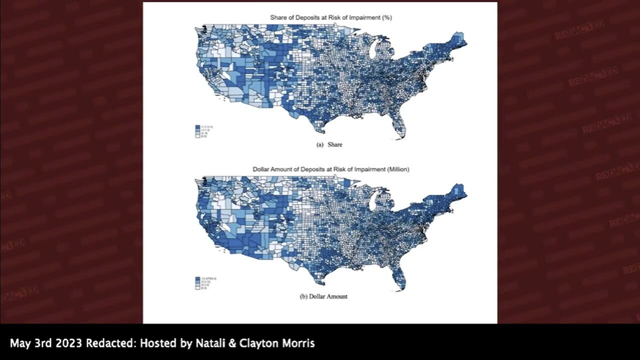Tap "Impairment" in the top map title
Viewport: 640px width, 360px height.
point(365,17)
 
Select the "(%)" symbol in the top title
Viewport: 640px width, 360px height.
point(386,17)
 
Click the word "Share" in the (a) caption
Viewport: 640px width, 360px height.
point(335,144)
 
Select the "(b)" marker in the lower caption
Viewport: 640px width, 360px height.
point(303,296)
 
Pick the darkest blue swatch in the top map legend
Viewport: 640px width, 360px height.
point(198,126)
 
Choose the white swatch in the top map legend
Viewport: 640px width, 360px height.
point(198,136)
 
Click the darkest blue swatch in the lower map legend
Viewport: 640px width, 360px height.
point(198,278)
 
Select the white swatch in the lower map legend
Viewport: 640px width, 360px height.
point(198,288)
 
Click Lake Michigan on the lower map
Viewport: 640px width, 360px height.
point(372,202)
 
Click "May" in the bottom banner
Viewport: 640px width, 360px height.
point(19,343)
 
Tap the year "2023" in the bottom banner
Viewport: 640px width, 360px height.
point(66,343)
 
